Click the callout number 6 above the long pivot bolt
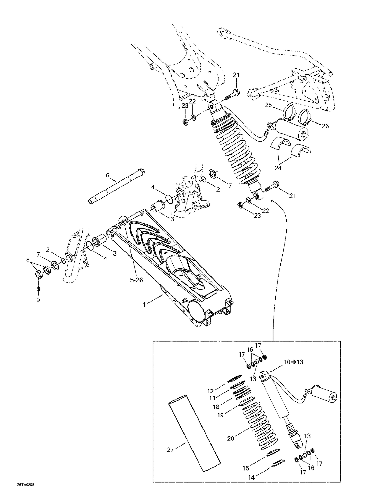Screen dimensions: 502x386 click(108, 176)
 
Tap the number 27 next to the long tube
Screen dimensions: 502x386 click(171, 450)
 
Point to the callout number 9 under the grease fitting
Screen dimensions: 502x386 click(38, 300)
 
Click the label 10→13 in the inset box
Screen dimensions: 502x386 click(294, 362)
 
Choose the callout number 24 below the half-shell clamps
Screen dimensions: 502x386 click(278, 168)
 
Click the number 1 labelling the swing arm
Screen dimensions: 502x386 click(145, 305)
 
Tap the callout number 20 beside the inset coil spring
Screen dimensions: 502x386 click(231, 438)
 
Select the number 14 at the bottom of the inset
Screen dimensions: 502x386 click(251, 478)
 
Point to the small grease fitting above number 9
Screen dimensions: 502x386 click(38, 288)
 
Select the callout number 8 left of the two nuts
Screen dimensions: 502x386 click(28, 260)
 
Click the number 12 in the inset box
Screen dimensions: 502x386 click(210, 391)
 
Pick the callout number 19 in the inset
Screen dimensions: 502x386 click(220, 415)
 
